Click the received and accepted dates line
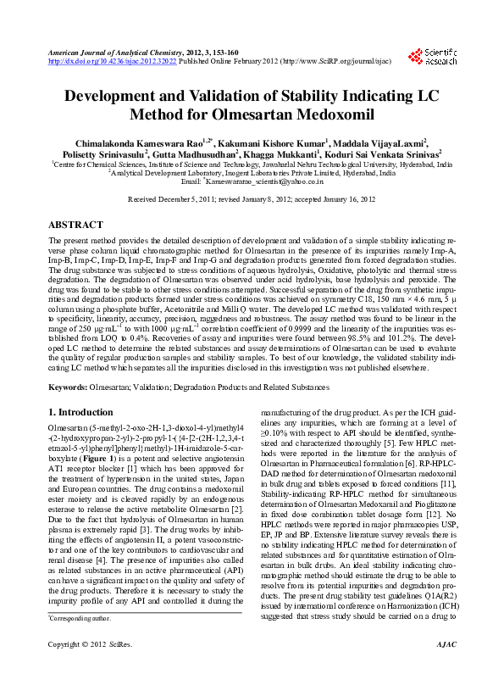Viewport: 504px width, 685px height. (x=252, y=201)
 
